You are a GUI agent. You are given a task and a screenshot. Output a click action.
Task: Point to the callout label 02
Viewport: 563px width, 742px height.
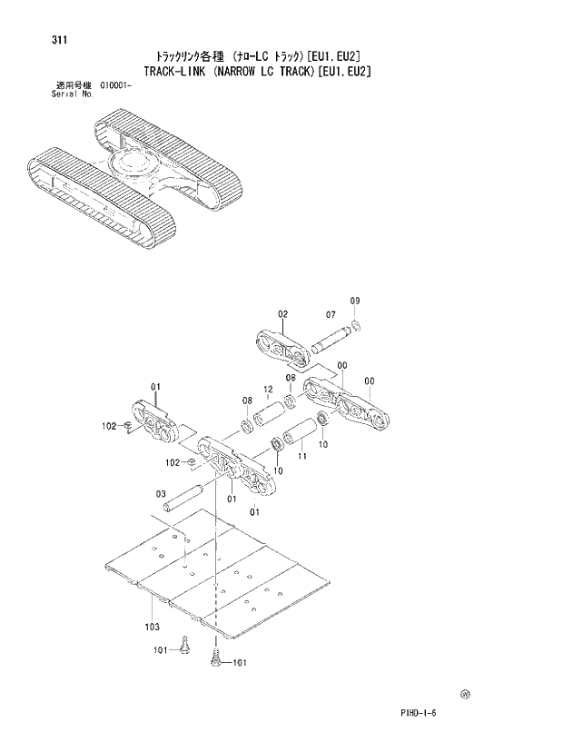[x=282, y=313]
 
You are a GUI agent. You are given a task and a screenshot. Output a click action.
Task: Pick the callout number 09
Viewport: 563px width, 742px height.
[x=355, y=301]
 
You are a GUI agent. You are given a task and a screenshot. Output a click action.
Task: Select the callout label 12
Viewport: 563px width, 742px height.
[x=268, y=391]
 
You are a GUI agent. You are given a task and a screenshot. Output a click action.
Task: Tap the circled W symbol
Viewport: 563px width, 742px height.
[x=465, y=694]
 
